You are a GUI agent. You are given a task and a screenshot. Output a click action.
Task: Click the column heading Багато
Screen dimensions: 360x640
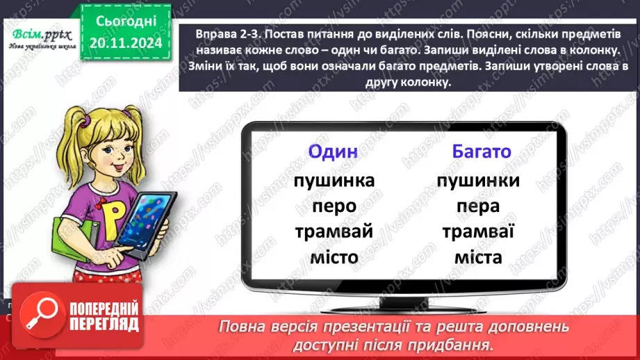pos(481,152)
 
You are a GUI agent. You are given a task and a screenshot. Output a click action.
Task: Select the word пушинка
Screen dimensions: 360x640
pos(334,181)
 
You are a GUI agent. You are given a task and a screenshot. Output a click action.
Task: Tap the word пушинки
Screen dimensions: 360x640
pos(479,181)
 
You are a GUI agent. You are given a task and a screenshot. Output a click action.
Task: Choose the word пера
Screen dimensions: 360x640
pos(478,206)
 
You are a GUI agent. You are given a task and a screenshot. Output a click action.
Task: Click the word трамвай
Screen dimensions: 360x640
pos(334,231)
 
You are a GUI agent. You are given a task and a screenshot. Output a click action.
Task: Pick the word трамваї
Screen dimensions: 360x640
pos(478,231)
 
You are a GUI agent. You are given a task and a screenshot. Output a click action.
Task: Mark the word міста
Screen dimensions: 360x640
pos(478,257)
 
